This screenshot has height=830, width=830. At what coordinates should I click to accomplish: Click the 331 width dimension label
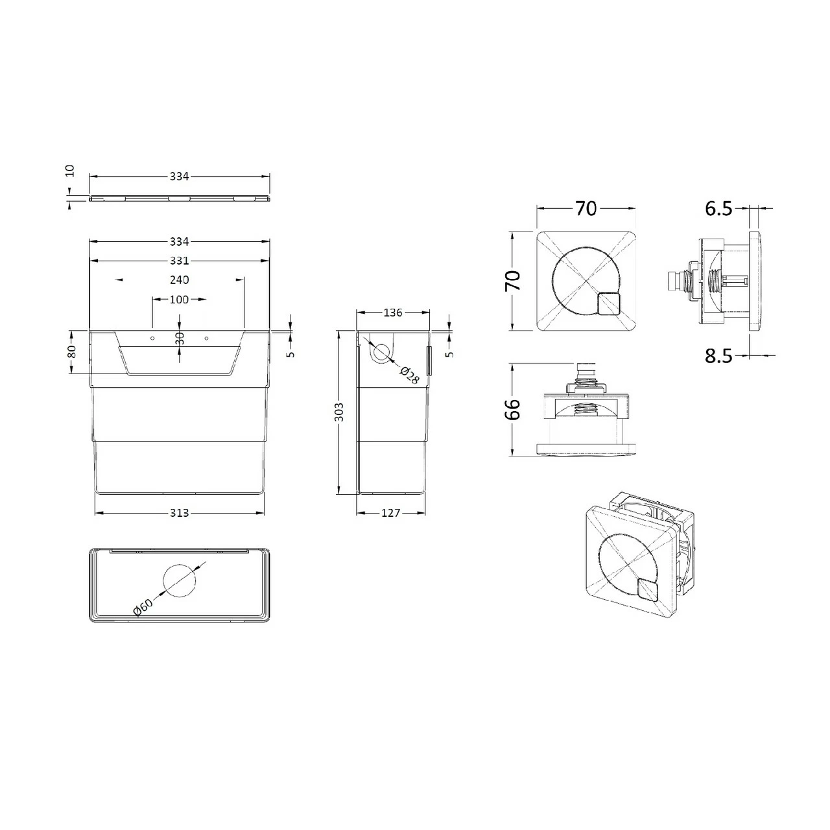[x=179, y=261]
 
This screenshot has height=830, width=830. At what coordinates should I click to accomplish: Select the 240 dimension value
[x=179, y=279]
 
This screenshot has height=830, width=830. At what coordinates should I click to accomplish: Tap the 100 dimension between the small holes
[x=179, y=299]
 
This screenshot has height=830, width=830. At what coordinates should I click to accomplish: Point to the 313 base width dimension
[x=179, y=513]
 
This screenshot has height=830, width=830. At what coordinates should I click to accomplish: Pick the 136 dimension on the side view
[x=393, y=313]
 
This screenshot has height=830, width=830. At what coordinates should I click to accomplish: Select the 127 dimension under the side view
[x=391, y=513]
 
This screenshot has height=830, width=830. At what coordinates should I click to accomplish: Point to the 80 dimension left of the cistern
[x=71, y=351]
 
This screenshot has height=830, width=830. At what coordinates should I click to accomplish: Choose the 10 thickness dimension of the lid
[x=70, y=171]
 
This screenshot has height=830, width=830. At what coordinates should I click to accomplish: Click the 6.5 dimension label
[x=718, y=208]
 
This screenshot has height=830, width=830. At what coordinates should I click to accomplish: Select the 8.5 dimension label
[x=718, y=355]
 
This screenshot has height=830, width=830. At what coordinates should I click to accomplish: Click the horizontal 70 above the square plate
[x=586, y=208]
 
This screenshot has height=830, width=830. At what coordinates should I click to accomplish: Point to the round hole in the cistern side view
[x=382, y=353]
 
